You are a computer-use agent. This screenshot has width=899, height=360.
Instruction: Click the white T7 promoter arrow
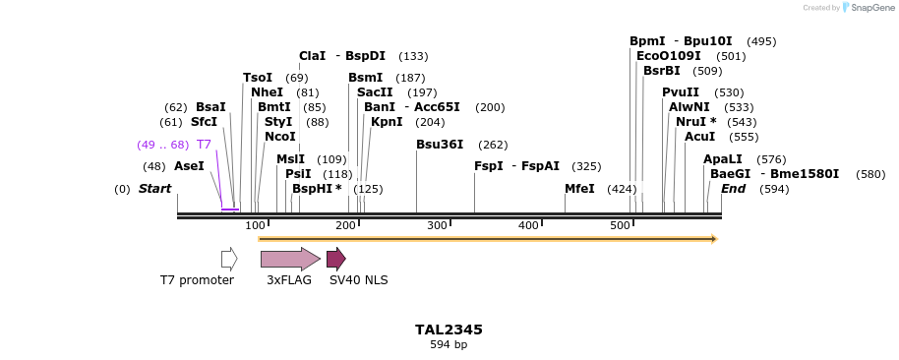[229, 259]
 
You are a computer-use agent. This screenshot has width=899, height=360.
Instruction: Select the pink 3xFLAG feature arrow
[289, 259]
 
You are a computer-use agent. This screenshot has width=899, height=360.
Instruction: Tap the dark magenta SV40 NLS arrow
[335, 259]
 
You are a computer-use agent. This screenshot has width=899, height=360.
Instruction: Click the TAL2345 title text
[449, 330]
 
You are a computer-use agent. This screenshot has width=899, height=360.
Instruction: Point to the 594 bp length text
[449, 345]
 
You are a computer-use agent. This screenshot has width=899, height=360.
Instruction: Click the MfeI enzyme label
[579, 189]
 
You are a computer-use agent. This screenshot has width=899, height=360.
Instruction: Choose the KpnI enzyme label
[387, 123]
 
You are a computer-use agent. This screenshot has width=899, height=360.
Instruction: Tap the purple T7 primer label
[204, 145]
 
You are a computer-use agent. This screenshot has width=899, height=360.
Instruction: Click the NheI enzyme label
[267, 92]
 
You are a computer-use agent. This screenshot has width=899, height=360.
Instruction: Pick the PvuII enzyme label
[681, 92]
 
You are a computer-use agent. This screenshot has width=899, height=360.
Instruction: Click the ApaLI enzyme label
[723, 159]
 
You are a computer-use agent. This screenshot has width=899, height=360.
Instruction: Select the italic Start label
[154, 189]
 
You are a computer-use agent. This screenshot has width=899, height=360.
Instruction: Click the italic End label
[733, 189]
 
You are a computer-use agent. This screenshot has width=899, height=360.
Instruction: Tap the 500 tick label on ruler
[620, 226]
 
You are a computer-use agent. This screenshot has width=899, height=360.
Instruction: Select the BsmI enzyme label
[366, 78]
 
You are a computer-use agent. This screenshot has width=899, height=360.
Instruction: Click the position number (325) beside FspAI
[586, 167]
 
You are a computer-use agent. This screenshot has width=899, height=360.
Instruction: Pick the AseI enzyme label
[189, 166]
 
